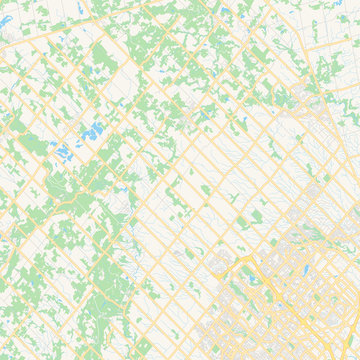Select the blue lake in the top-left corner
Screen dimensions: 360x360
(x=8, y=20)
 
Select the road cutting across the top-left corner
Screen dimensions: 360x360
(x=30, y=30)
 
